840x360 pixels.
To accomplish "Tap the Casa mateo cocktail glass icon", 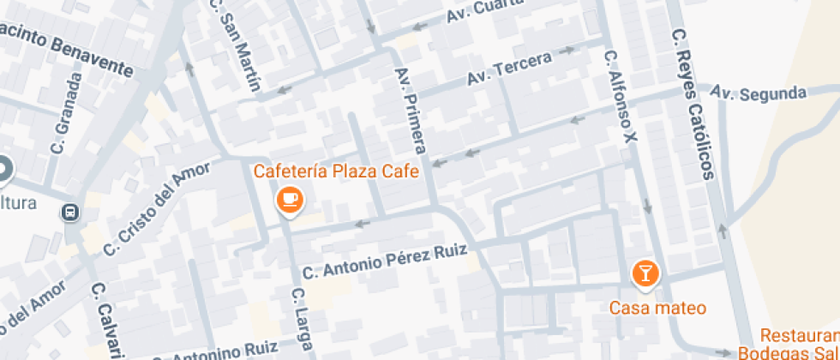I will point(645,273).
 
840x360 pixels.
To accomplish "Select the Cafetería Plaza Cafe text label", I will point(336,171).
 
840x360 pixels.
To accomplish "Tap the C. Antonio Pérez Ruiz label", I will point(385,261).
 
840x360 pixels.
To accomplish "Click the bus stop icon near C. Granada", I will point(70,212).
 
